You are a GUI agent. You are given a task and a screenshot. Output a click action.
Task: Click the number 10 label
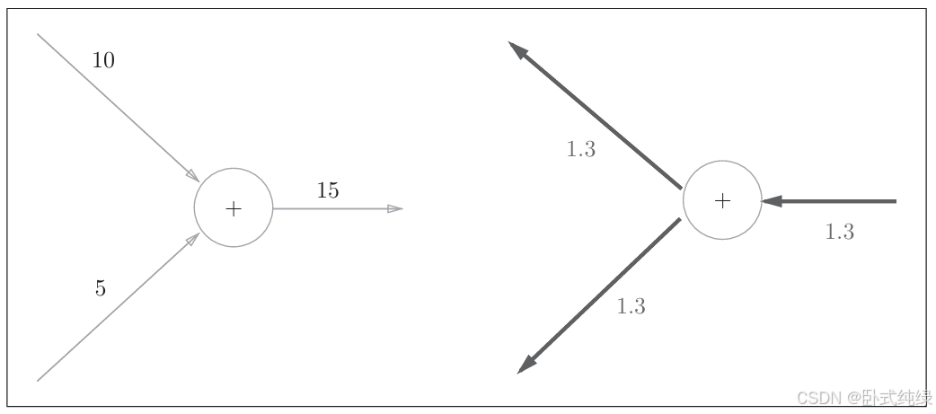[103, 61]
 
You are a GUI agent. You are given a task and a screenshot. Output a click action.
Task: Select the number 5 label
[100, 288]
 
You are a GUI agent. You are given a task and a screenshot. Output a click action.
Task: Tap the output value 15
[328, 190]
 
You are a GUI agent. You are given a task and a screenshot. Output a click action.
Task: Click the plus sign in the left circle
[234, 209]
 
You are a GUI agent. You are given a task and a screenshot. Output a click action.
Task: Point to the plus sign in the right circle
[722, 201]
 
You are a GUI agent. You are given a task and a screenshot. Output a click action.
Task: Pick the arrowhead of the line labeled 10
[192, 175]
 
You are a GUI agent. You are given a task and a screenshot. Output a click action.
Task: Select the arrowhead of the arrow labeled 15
[395, 208]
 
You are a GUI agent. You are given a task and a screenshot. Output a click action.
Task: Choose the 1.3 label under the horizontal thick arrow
[839, 232]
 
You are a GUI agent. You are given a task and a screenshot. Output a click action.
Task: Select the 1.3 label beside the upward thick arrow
[580, 150]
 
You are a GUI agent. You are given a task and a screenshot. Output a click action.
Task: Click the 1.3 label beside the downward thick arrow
[631, 306]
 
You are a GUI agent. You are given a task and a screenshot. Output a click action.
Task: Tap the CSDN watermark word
[792, 397]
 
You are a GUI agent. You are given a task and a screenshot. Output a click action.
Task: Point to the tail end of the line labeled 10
[38, 34]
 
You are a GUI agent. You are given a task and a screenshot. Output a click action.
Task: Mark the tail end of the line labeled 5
[38, 381]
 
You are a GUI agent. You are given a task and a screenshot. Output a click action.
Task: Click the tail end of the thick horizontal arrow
[895, 201]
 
